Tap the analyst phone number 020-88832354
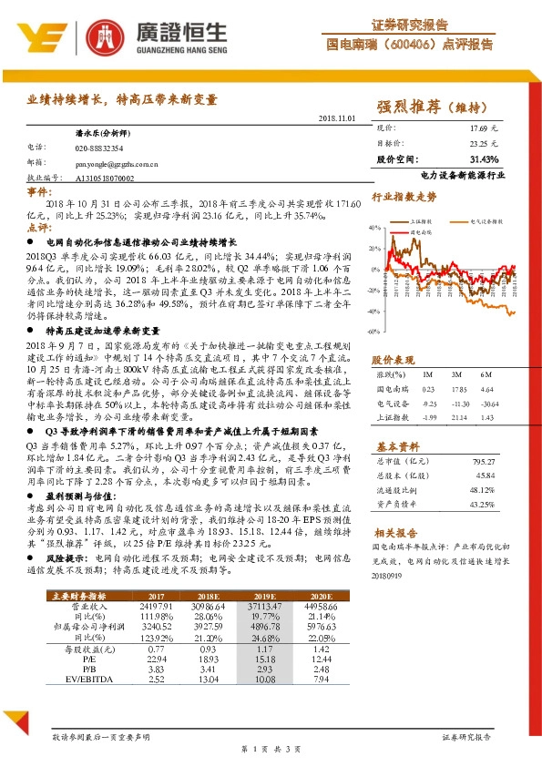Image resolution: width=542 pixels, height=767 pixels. tap(99, 147)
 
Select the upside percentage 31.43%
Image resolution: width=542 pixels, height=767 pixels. tap(482, 158)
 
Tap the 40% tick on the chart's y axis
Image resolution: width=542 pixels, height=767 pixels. tap(376, 227)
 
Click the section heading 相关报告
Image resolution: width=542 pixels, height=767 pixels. tap(394, 532)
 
